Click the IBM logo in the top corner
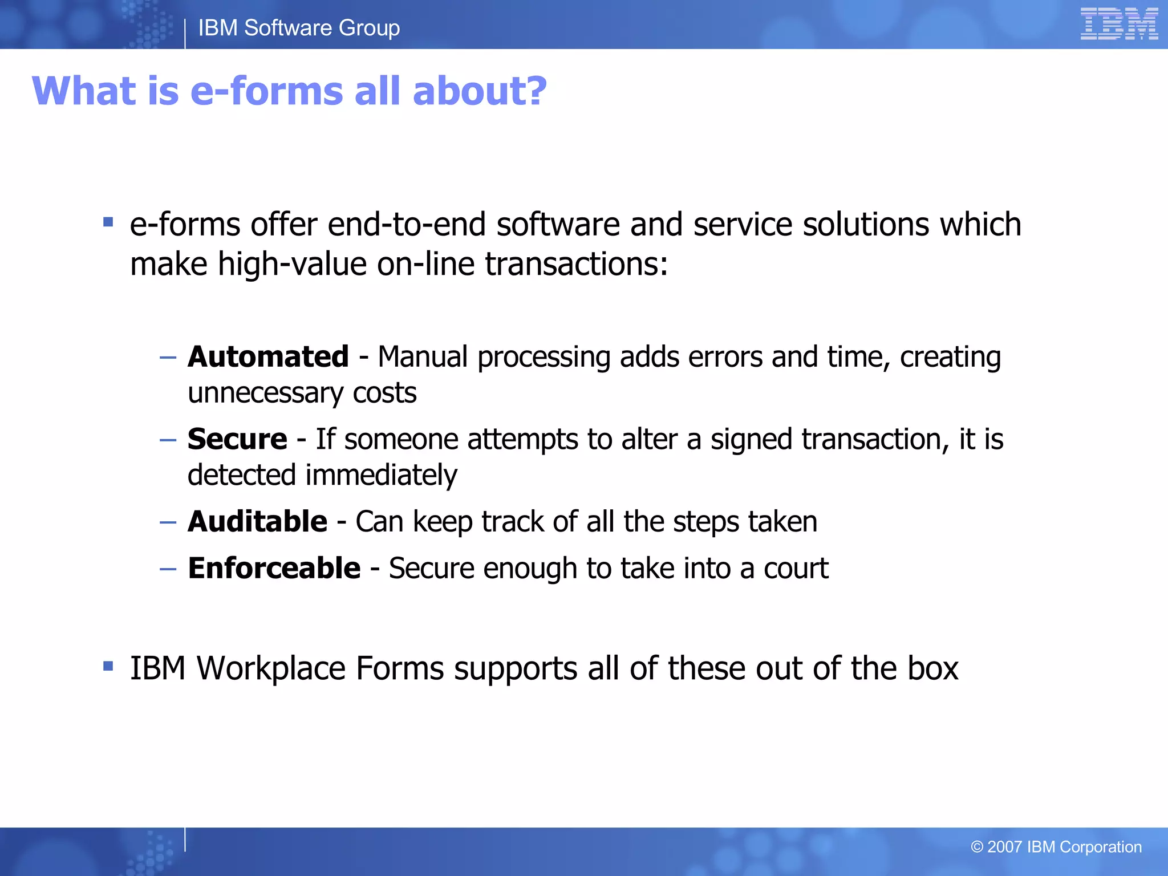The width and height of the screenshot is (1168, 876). coord(1118,24)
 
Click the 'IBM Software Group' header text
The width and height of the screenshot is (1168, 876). coord(299,28)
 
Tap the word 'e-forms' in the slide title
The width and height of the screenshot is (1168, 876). coord(267,91)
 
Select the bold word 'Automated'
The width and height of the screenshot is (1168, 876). coord(268,357)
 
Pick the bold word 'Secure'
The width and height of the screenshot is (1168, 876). coord(237,439)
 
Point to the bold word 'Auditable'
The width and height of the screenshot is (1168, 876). coord(257,521)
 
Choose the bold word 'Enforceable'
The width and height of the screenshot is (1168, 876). coord(274,568)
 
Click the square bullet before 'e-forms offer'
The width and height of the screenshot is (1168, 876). coord(108,222)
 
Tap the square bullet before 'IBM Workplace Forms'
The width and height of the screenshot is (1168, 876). coord(108,666)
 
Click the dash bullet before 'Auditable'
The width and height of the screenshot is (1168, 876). coord(168,522)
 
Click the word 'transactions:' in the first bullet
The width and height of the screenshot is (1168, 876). coord(576,265)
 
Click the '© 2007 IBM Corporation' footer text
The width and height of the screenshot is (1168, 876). coord(1056,847)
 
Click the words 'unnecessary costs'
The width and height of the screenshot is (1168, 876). coord(302,393)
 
